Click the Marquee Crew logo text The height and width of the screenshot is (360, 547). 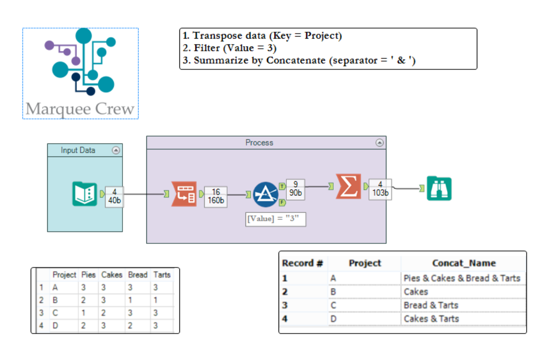click(80, 109)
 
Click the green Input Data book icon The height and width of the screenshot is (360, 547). click(84, 194)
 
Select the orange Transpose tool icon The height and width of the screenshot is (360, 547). click(184, 194)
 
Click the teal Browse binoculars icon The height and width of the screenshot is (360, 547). click(439, 188)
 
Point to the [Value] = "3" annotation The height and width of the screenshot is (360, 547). click(276, 219)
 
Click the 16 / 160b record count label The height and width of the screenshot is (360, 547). click(216, 196)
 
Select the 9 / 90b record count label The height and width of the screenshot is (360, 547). click(296, 188)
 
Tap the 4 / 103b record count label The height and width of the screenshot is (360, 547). click(380, 188)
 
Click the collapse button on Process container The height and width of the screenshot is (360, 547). click(380, 143)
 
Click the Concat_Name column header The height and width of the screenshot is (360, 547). click(463, 263)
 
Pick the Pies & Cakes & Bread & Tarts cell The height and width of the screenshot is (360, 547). click(462, 278)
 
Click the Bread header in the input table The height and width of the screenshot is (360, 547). click(138, 275)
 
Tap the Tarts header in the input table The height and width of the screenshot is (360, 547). click(162, 275)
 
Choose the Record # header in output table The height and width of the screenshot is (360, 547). click(302, 263)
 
